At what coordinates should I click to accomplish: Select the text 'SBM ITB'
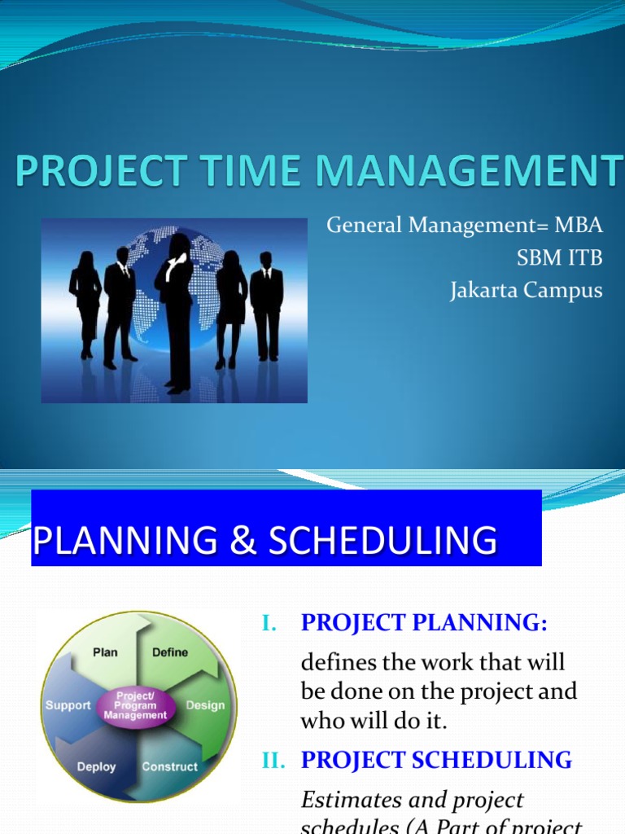click(x=560, y=258)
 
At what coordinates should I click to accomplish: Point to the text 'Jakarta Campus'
click(x=527, y=291)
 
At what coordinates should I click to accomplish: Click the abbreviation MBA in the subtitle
click(x=579, y=226)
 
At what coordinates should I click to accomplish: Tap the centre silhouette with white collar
click(x=176, y=309)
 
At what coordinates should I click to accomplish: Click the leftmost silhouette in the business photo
click(x=85, y=301)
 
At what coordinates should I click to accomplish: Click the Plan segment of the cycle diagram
click(x=104, y=652)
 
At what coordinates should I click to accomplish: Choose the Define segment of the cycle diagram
click(x=169, y=652)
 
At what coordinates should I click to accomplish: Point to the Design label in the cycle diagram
click(x=206, y=705)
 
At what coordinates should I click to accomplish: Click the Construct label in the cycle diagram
click(x=169, y=766)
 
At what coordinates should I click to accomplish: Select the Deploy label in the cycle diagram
click(x=96, y=766)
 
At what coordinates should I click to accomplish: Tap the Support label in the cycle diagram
click(x=68, y=705)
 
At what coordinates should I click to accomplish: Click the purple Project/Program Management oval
click(x=136, y=705)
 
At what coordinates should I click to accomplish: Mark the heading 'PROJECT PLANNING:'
click(x=425, y=623)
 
